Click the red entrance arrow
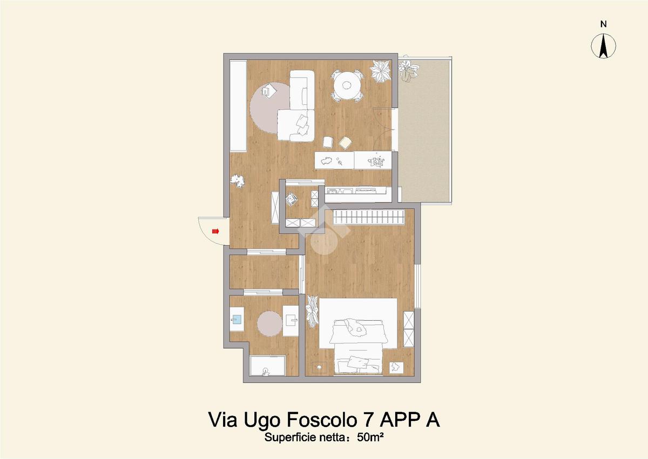pyautogui.click(x=216, y=231)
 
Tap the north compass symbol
pyautogui.click(x=603, y=46)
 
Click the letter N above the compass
pyautogui.click(x=604, y=24)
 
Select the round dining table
pyautogui.click(x=346, y=85)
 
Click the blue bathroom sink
pyautogui.click(x=237, y=319)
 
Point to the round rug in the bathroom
pyautogui.click(x=269, y=323)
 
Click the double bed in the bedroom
pyautogui.click(x=358, y=337)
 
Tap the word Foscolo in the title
pyautogui.click(x=321, y=420)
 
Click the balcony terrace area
pyautogui.click(x=424, y=131)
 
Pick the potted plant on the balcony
pyautogui.click(x=408, y=70)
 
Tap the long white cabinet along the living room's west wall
pyautogui.click(x=238, y=105)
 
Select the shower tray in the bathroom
pyautogui.click(x=268, y=366)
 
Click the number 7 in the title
pyautogui.click(x=368, y=420)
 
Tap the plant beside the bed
pyautogui.click(x=313, y=311)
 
